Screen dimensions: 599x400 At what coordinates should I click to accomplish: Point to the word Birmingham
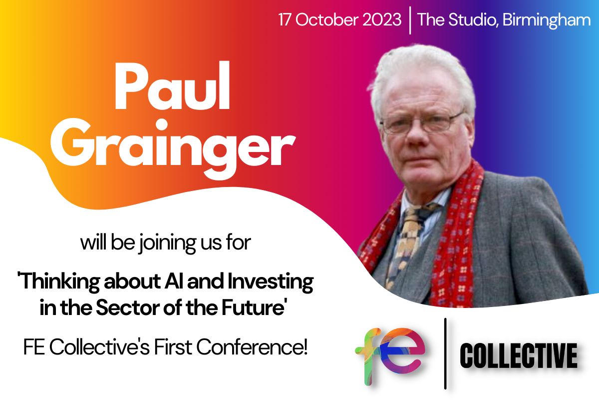coord(546,20)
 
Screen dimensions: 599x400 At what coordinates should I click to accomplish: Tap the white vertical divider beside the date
coord(410,20)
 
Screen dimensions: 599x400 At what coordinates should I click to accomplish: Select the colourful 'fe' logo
coord(390,355)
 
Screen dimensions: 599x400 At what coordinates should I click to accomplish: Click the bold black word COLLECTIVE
coord(519,355)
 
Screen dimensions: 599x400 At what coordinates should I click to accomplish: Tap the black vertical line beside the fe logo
coord(445,353)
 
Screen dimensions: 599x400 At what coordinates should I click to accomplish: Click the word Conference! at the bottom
coord(252,347)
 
